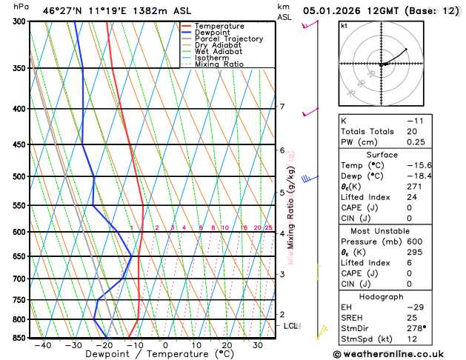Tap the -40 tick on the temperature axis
pos(42,345)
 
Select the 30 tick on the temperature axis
pos(257,345)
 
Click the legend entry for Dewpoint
pos(212,33)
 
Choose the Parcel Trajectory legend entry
pos(229,39)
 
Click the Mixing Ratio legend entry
pos(219,64)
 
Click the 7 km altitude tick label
pos(282,107)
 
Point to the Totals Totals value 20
pos(411,131)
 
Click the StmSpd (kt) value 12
pos(411,339)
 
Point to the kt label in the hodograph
pos(344,25)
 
